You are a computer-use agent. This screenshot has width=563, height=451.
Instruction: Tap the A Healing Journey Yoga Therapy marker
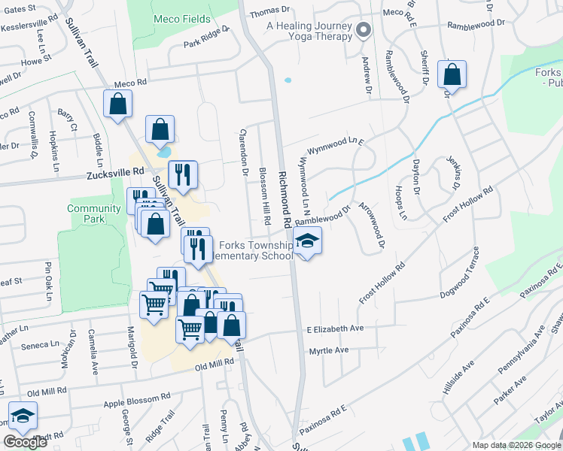[364, 31]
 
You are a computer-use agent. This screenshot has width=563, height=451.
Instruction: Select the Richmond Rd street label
[284, 200]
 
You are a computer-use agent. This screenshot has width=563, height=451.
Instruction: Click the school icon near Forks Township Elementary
[306, 242]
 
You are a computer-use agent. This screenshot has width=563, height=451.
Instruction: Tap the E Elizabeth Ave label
[335, 329]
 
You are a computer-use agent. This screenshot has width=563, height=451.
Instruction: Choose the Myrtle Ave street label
[329, 350]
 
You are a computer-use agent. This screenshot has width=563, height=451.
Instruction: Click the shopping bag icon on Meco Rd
[118, 104]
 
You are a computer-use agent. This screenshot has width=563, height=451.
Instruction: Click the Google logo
[26, 443]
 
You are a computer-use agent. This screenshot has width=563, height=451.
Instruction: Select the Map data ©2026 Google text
[516, 444]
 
